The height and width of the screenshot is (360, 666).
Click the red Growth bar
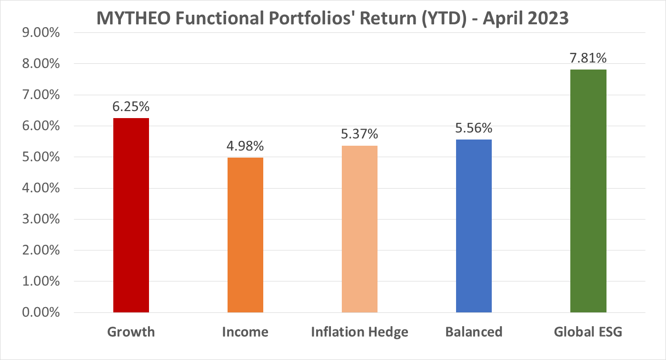tap(131, 215)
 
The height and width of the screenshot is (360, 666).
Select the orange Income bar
tap(245, 235)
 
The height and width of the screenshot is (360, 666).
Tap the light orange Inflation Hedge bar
tap(359, 229)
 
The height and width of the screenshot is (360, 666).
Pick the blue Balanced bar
tap(474, 226)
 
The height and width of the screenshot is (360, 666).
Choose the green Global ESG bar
tap(588, 191)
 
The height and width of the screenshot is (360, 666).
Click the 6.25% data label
tap(131, 107)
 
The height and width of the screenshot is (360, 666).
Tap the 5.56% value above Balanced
tap(474, 129)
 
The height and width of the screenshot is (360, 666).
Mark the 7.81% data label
tap(588, 59)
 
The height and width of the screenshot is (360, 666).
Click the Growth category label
tap(131, 332)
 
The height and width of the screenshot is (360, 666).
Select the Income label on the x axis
tap(245, 332)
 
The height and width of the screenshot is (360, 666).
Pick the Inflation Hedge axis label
tap(359, 332)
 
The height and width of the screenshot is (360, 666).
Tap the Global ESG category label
tap(588, 332)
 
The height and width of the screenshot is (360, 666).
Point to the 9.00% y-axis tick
tap(40, 33)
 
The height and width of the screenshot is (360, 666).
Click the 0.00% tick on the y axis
tap(40, 313)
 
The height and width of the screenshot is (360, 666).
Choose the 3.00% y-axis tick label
tap(40, 220)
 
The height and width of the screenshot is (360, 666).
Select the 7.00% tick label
tap(40, 95)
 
